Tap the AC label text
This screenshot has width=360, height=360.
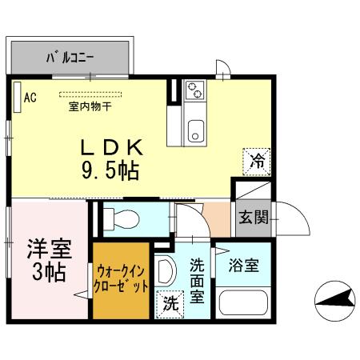coord(30,98)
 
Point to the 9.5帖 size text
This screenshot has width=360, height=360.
coord(110,170)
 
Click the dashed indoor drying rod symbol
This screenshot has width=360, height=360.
coord(87,94)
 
